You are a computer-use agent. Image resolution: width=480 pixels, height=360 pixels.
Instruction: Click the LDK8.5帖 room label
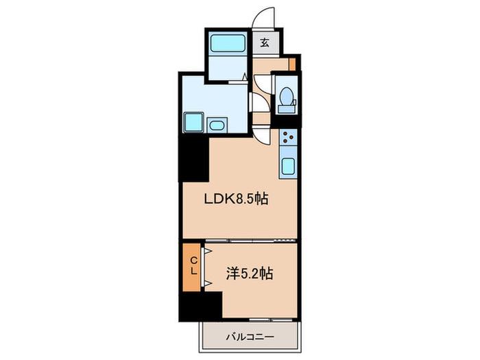(237, 200)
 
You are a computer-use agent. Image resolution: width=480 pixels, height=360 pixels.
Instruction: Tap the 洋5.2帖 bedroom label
(250, 274)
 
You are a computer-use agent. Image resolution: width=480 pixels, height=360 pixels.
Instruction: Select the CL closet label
(193, 265)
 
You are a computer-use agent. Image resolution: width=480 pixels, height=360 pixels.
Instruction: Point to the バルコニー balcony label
(250, 337)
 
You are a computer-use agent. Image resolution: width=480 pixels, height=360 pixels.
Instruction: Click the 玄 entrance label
(265, 43)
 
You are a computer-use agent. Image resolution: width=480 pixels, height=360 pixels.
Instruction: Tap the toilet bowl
(286, 96)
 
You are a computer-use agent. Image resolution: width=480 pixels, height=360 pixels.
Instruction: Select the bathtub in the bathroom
(228, 42)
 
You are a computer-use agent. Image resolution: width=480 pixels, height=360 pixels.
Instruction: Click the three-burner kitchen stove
(288, 137)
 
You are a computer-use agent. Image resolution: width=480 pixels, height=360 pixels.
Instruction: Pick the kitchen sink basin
(288, 166)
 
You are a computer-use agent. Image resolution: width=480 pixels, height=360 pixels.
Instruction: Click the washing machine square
(193, 122)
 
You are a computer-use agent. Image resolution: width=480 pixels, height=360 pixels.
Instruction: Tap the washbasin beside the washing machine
(217, 125)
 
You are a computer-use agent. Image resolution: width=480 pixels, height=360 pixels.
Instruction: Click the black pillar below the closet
(200, 306)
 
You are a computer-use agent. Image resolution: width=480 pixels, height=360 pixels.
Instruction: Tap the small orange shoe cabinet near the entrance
(292, 64)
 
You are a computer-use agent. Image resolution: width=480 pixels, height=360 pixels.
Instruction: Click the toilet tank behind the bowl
(287, 109)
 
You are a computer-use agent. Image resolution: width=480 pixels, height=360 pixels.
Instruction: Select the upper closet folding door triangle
(208, 252)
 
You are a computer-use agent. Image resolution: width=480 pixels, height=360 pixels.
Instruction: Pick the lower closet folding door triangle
(208, 283)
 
